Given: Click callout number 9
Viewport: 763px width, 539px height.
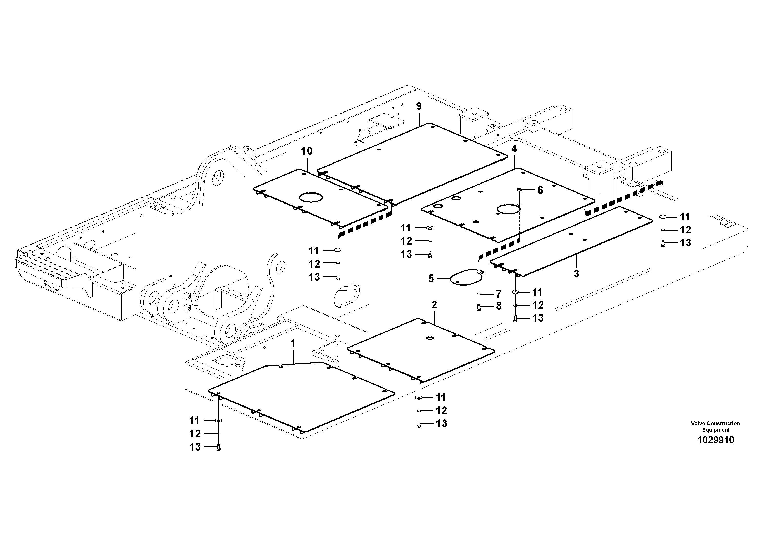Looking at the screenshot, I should [419, 106].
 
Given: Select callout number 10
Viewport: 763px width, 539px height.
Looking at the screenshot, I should [307, 151].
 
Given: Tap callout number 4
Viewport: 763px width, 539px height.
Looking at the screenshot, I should [514, 149].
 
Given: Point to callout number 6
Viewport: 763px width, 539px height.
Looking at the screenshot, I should [540, 190].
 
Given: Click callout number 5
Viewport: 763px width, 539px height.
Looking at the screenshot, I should [431, 279].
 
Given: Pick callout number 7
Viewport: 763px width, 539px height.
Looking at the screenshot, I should [499, 294].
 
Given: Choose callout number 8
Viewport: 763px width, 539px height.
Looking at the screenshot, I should [499, 306].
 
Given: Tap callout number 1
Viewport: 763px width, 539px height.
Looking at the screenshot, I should [293, 344].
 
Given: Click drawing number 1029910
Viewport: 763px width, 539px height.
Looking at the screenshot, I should [716, 440].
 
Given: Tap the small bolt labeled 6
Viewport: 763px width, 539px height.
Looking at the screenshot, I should [520, 190].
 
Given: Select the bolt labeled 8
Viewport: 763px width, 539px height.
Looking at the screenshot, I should [479, 307].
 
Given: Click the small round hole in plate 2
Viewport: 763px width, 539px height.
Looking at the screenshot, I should [430, 338].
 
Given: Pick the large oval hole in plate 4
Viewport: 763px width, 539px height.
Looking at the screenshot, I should [508, 210].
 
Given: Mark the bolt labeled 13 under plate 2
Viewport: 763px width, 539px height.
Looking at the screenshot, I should [418, 424].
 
